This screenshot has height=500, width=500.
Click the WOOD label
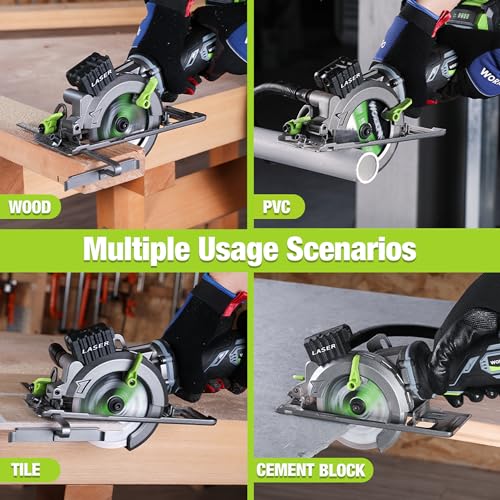point(31,209)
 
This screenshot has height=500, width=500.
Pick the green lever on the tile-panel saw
point(134,368)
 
